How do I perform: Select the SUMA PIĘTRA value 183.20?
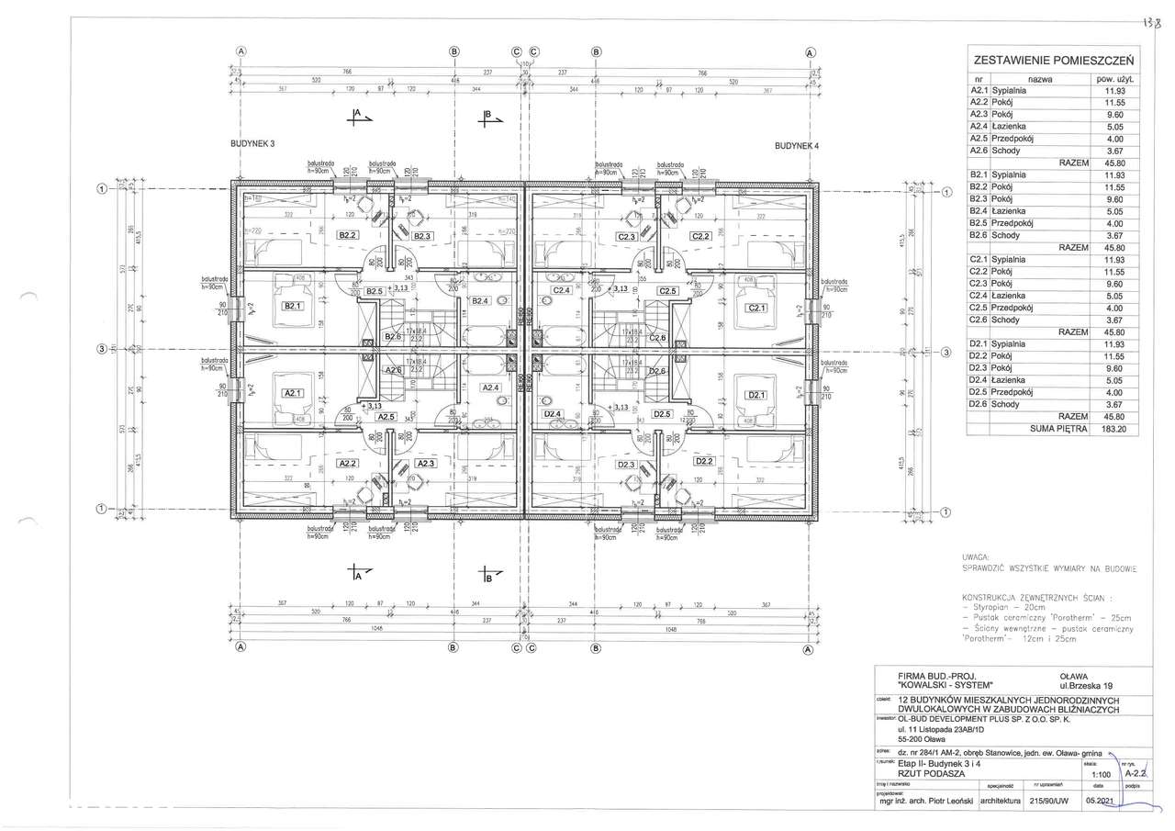coord(1113,428)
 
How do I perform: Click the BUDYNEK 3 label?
coord(252,145)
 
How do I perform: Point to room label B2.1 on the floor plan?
coord(293,306)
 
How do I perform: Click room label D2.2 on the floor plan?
coord(704,461)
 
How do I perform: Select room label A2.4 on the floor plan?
coord(490,388)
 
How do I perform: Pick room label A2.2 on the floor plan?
coord(347,464)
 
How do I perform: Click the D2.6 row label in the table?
coord(978,404)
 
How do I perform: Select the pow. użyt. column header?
coord(1113,80)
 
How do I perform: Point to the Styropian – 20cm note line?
coord(1010,607)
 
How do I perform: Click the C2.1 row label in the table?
coord(978,260)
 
